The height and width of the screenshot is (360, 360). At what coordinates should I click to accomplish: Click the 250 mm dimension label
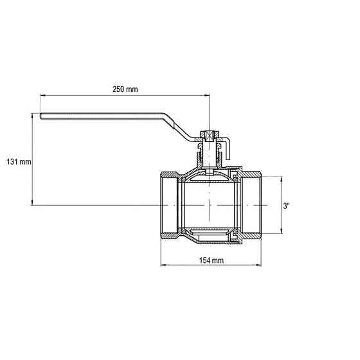[125, 89]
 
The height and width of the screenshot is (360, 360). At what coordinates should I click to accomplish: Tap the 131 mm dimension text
[19, 162]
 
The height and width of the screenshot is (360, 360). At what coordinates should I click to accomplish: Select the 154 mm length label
[212, 260]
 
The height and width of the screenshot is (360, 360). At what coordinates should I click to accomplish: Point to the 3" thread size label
[286, 206]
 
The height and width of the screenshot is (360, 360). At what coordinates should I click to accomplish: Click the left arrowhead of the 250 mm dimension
[42, 95]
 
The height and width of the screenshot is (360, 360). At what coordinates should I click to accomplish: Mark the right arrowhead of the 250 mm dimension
[207, 95]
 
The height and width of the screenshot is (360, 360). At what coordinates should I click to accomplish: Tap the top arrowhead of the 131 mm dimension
[32, 116]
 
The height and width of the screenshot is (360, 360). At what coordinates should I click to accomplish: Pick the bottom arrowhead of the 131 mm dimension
[32, 203]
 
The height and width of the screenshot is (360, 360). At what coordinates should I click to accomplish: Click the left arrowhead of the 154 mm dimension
[163, 265]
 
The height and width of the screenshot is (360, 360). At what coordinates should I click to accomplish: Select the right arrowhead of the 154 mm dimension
[258, 265]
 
